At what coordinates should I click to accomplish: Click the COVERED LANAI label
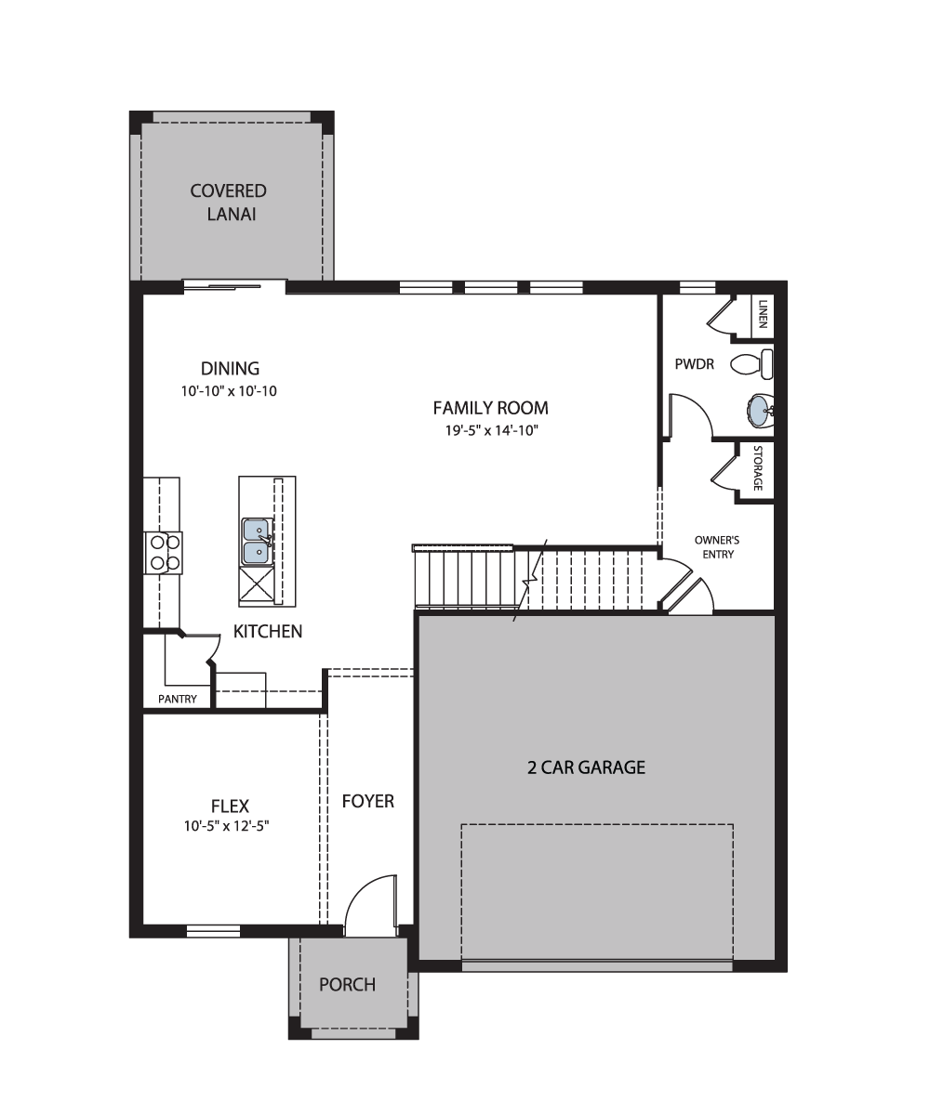tap(229, 203)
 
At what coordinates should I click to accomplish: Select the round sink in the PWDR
tap(760, 411)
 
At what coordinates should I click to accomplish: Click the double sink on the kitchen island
tap(257, 542)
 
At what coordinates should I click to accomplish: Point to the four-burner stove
tap(164, 553)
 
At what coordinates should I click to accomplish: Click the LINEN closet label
tap(763, 314)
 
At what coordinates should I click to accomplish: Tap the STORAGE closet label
tap(757, 467)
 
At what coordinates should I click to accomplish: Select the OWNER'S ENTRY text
tap(717, 547)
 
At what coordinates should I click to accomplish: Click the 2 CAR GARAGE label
tap(586, 767)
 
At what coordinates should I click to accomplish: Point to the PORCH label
tap(348, 984)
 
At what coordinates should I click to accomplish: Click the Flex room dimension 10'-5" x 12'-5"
tap(226, 826)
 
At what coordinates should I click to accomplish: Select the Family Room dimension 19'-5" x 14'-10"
tap(492, 430)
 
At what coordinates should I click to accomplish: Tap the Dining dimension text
tap(229, 391)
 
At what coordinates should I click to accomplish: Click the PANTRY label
tap(178, 699)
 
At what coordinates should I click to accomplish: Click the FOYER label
tap(368, 801)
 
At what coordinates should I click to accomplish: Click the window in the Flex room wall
tap(213, 931)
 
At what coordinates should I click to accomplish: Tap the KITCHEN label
tap(268, 631)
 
